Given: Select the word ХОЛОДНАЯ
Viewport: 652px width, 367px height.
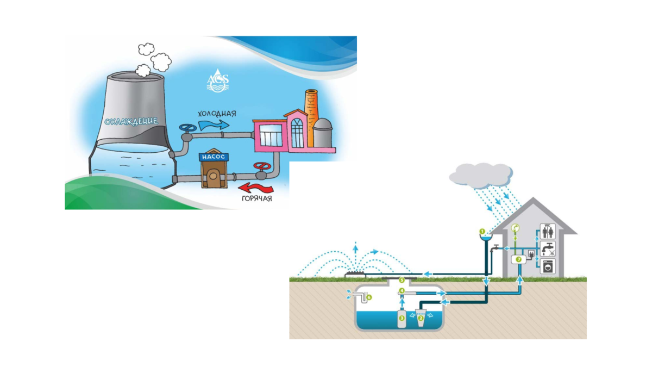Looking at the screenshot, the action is (217, 114).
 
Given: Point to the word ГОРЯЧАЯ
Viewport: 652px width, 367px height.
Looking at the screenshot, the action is (257, 199).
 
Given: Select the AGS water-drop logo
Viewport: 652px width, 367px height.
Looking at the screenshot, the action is (218, 80).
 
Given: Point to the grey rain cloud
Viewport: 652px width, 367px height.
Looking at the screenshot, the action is (481, 174).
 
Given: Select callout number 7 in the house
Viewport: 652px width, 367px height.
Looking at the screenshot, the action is (518, 260).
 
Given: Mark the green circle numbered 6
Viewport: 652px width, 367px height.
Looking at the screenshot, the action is (369, 297).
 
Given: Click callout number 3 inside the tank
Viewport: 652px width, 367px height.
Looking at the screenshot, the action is (402, 317).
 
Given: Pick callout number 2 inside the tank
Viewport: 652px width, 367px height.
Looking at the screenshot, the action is (420, 318).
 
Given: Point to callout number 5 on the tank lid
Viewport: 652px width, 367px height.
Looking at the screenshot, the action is (402, 280).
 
